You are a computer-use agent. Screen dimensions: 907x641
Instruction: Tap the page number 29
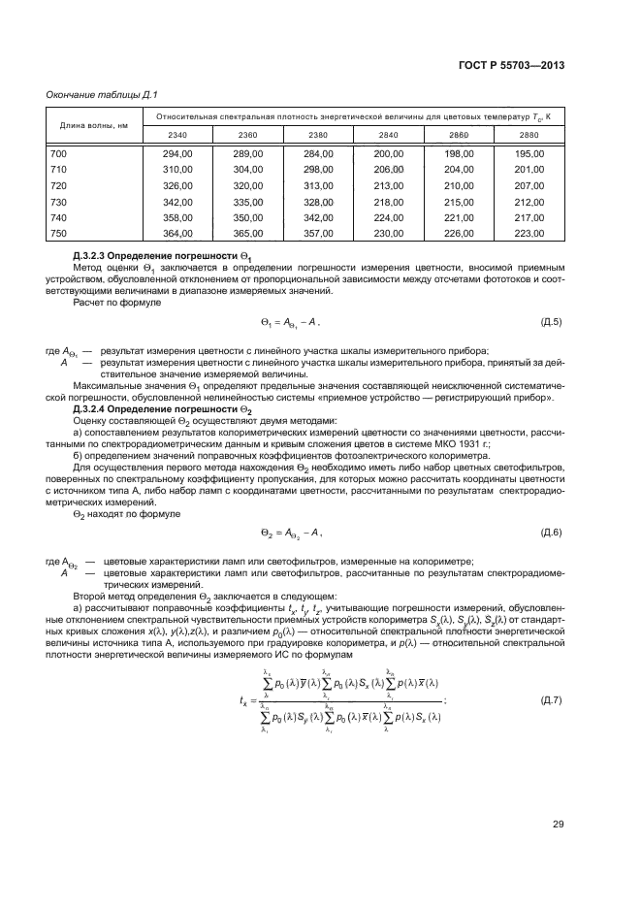pos(558,825)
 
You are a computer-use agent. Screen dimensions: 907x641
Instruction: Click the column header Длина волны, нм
pos(94,125)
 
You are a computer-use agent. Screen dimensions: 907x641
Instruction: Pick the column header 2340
pos(178,134)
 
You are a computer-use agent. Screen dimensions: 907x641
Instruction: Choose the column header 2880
pos(529,134)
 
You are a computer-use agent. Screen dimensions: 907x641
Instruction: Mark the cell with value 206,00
pos(388,169)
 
